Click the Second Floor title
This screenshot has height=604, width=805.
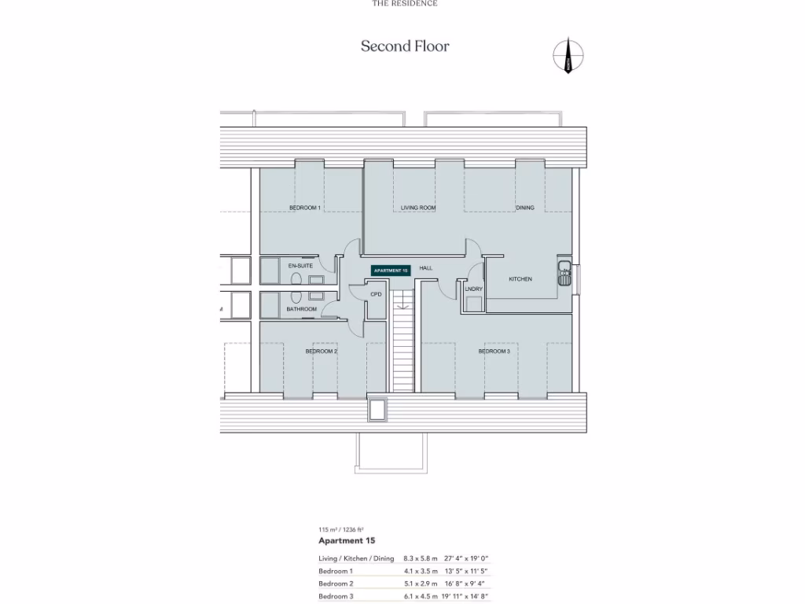[405, 46]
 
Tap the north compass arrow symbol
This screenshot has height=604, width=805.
[568, 56]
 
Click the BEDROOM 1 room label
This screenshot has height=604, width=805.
[305, 208]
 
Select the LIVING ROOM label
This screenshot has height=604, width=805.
[417, 208]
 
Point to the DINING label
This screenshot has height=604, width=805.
[525, 208]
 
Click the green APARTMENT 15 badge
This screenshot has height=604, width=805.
[391, 270]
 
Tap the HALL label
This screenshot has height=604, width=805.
[425, 268]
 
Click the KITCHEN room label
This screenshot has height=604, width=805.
[520, 279]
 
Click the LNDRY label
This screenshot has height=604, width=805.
[473, 289]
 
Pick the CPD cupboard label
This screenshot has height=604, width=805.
[376, 294]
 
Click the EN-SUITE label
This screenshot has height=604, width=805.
[300, 266]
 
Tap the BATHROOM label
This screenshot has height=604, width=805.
[301, 309]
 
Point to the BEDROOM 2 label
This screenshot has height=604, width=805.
[321, 352]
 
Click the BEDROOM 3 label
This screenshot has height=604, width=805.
[494, 352]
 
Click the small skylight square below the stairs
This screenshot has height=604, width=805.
[378, 410]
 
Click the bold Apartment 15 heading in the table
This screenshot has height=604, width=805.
[347, 541]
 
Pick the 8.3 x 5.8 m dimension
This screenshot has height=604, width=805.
[420, 558]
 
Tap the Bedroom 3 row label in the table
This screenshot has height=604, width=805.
[336, 597]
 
